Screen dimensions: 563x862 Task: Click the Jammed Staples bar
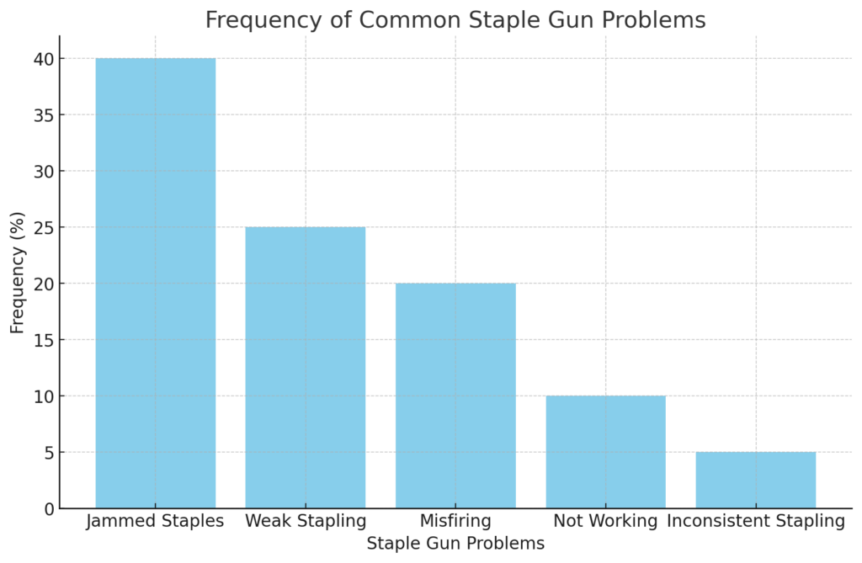155,283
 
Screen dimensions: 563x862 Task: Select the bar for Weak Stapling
305,367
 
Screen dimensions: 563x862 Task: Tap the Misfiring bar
455,396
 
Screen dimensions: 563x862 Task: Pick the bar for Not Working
605,452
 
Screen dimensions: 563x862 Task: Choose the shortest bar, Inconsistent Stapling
755,480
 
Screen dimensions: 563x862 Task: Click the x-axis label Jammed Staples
155,521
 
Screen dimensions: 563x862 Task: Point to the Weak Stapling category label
305,521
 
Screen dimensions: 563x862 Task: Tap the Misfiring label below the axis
455,521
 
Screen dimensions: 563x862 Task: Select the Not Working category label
605,521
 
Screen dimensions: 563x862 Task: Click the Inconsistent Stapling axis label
755,521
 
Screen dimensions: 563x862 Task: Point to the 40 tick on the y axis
44,59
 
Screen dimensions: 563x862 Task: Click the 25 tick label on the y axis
44,227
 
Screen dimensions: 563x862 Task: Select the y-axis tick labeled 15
44,340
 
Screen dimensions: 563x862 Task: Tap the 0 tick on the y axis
48,508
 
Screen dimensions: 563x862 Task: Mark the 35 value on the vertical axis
44,115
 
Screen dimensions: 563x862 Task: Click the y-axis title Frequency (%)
18,272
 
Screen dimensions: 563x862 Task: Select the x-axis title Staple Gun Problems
455,544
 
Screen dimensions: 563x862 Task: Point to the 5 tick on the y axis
48,452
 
